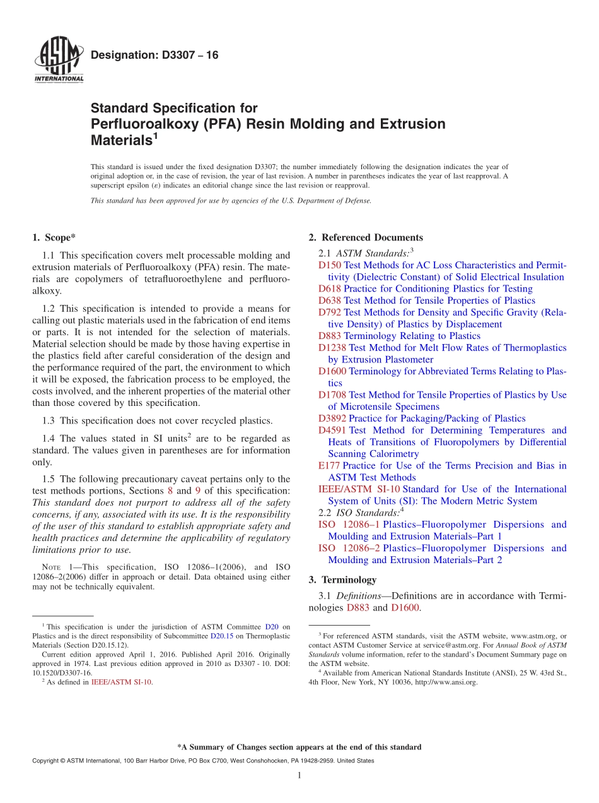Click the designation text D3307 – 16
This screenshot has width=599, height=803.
click(154, 56)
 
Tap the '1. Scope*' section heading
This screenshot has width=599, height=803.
click(54, 238)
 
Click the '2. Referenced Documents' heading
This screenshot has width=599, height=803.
click(366, 238)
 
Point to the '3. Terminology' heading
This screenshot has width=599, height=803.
click(342, 580)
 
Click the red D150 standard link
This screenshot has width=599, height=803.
click(330, 266)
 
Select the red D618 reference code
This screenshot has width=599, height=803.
click(330, 289)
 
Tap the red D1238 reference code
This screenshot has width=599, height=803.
click(332, 348)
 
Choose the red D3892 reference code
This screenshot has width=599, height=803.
click(332, 419)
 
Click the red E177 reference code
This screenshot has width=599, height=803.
click(329, 466)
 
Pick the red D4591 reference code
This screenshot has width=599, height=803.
click(332, 431)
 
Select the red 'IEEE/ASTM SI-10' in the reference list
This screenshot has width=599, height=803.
click(359, 489)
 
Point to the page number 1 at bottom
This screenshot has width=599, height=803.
click(299, 776)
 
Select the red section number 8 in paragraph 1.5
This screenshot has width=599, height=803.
click(170, 491)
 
